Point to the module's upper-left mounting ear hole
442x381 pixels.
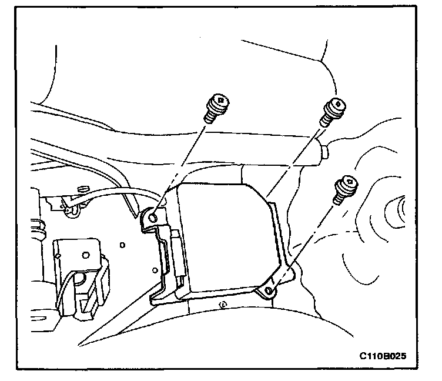coord(153,218)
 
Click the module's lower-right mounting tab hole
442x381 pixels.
coord(269,290)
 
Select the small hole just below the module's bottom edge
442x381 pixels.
coord(222,305)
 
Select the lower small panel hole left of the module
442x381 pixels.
coord(153,270)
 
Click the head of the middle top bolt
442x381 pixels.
coord(335,105)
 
